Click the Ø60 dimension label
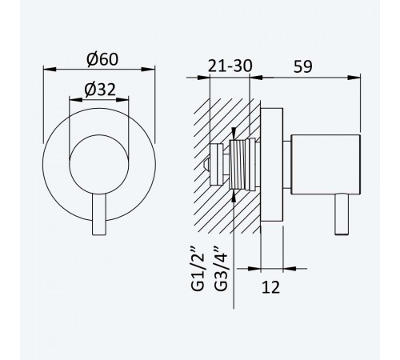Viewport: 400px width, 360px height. (x=102, y=59)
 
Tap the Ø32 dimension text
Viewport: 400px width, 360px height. (x=100, y=90)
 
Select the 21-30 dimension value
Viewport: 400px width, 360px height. (x=230, y=66)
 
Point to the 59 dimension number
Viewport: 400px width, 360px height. (x=302, y=66)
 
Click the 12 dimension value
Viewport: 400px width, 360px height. (x=270, y=287)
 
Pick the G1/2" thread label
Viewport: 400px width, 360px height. (x=198, y=271)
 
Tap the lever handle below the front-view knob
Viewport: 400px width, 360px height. (x=99, y=214)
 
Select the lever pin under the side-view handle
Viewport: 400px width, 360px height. (x=342, y=214)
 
